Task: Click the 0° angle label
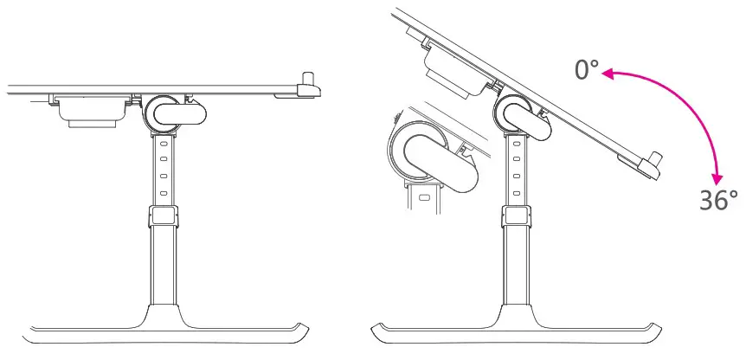[x=587, y=69]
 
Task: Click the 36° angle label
[x=718, y=200]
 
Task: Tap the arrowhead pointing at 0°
[x=608, y=75]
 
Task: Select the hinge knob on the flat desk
[x=161, y=112]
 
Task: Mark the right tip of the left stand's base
[x=306, y=330]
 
